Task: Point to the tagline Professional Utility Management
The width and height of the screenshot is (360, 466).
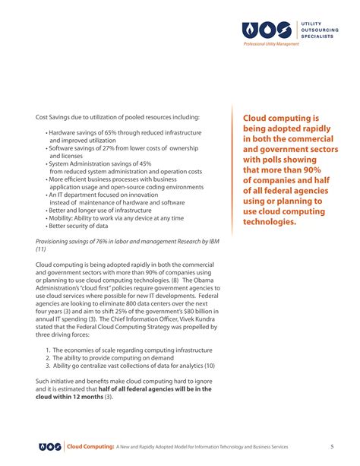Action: tap(271, 45)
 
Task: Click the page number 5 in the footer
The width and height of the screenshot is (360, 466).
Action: tap(332, 445)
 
